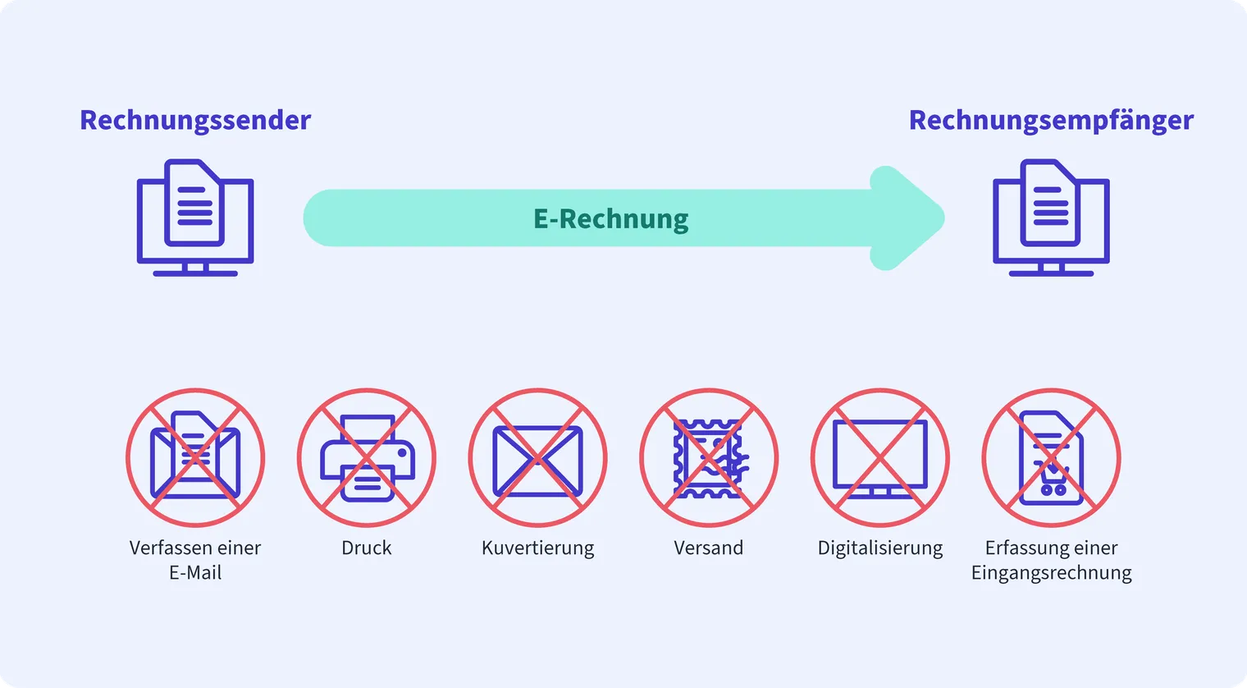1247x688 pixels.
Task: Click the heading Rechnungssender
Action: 195,121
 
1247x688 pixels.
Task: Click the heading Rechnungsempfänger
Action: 1051,121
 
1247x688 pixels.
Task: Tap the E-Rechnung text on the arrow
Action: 610,218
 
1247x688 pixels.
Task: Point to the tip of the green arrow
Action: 944,218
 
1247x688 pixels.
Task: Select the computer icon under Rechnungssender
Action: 195,218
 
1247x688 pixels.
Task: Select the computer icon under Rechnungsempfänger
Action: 1051,218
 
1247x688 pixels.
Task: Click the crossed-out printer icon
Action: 367,458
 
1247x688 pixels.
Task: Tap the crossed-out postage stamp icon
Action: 709,458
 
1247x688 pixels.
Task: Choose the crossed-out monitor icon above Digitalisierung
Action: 880,458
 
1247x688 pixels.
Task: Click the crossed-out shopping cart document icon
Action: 1052,458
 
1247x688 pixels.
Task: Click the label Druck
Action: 366,548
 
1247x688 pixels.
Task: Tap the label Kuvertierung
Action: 538,548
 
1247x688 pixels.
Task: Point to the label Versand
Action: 709,548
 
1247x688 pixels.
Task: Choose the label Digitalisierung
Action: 880,548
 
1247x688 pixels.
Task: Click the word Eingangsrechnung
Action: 1052,573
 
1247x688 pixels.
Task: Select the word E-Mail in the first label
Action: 195,573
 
